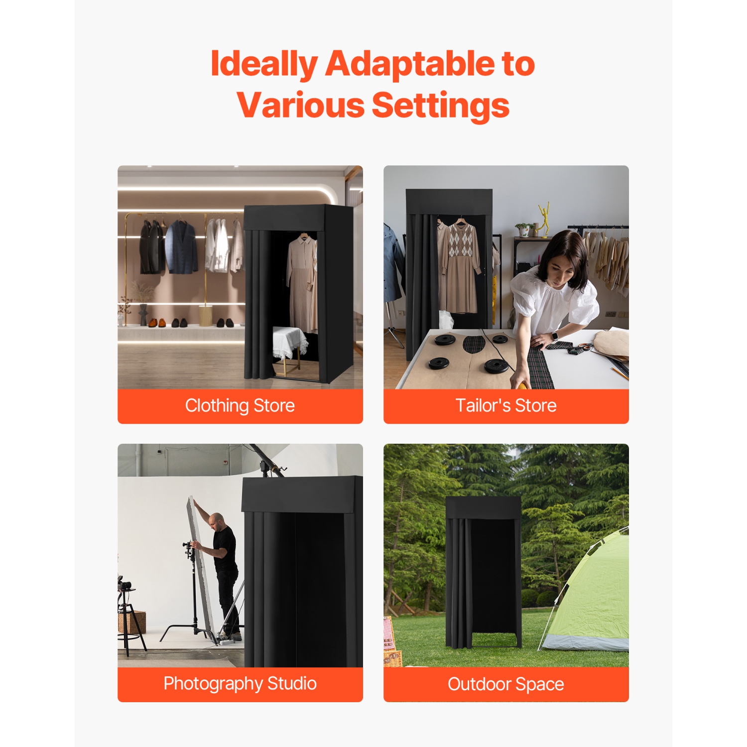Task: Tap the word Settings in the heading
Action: click(440, 106)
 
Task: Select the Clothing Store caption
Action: click(240, 405)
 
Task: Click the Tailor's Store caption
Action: click(505, 405)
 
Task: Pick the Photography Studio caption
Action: click(240, 683)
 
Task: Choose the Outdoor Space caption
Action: click(505, 684)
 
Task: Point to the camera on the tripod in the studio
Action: click(125, 585)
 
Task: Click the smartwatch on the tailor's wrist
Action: click(554, 336)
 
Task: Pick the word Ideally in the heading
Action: click(264, 65)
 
